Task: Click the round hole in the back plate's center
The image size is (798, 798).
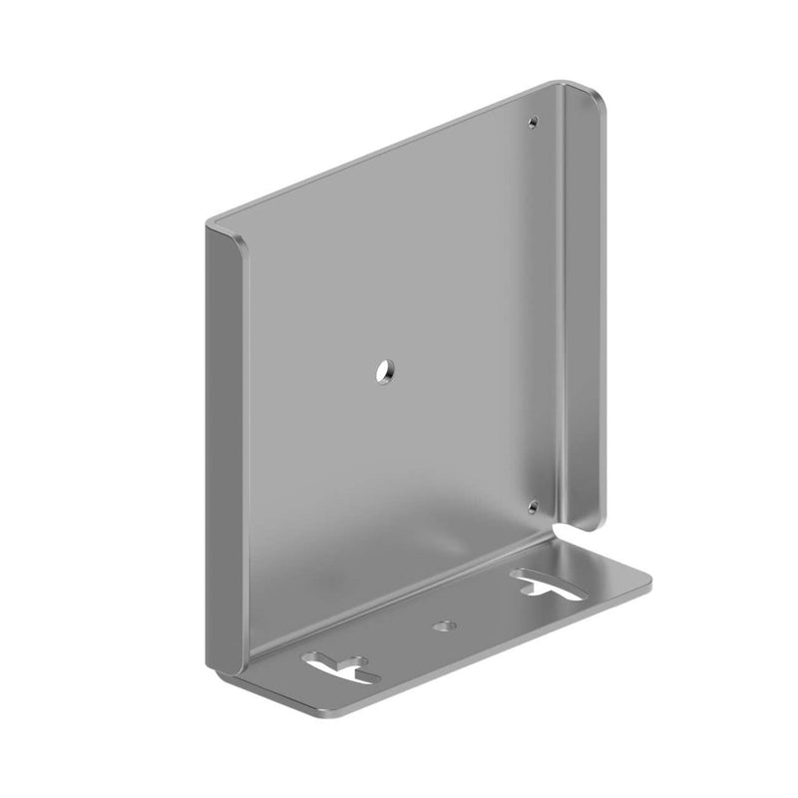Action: (383, 372)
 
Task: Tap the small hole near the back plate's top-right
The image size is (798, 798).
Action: (534, 124)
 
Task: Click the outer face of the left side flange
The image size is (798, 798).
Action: (220, 449)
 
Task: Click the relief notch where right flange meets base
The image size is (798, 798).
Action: (562, 534)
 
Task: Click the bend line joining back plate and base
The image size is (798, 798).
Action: (399, 598)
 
